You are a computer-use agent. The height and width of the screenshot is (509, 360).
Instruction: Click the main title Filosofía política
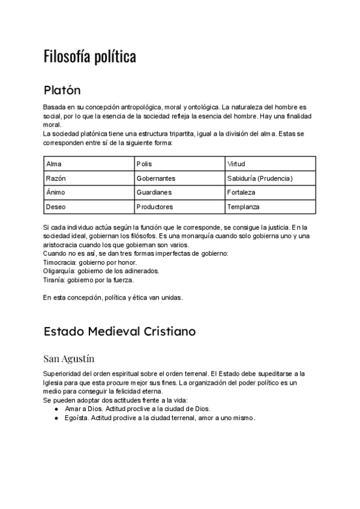point(90,56)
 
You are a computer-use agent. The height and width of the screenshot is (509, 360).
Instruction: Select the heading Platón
point(62,91)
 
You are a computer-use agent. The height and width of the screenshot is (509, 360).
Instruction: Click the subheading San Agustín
point(69,359)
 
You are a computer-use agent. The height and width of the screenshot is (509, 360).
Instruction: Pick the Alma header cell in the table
point(54,164)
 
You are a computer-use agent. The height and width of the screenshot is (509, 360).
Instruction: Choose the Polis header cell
point(145,164)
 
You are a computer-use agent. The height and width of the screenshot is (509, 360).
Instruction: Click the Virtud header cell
point(236,164)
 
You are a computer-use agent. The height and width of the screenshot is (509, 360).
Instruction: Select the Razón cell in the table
point(56,178)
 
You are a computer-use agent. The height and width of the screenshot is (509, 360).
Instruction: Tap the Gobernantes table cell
point(156,178)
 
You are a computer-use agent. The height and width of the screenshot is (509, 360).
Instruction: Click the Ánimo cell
point(56,193)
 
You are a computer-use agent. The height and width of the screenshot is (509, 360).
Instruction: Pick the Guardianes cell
point(154,193)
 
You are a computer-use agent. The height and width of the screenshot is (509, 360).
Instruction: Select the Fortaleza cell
point(241,193)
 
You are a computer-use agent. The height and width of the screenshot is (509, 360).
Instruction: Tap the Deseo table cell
point(55,207)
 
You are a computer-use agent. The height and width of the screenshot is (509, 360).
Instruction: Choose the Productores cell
point(155,207)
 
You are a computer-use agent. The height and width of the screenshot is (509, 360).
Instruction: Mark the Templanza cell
point(244,207)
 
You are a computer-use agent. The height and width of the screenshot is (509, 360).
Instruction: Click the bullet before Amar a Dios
point(56,409)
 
